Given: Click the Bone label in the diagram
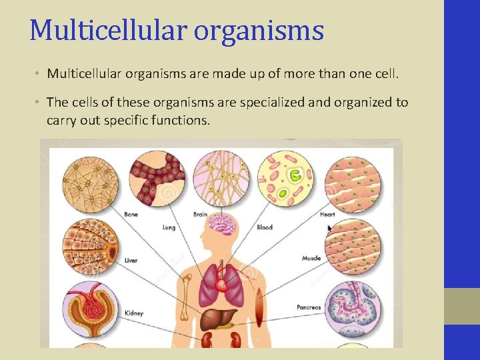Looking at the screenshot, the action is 131,215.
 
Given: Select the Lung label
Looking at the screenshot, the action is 169,227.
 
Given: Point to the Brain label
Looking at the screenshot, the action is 200,215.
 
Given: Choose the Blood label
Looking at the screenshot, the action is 265,227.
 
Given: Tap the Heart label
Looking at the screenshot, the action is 327,215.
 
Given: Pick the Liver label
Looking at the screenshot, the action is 131,260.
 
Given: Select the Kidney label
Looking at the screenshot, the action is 133,313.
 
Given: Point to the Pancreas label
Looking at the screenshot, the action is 309,307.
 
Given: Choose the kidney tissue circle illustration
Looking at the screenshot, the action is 90,309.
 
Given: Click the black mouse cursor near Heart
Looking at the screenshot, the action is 329,228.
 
